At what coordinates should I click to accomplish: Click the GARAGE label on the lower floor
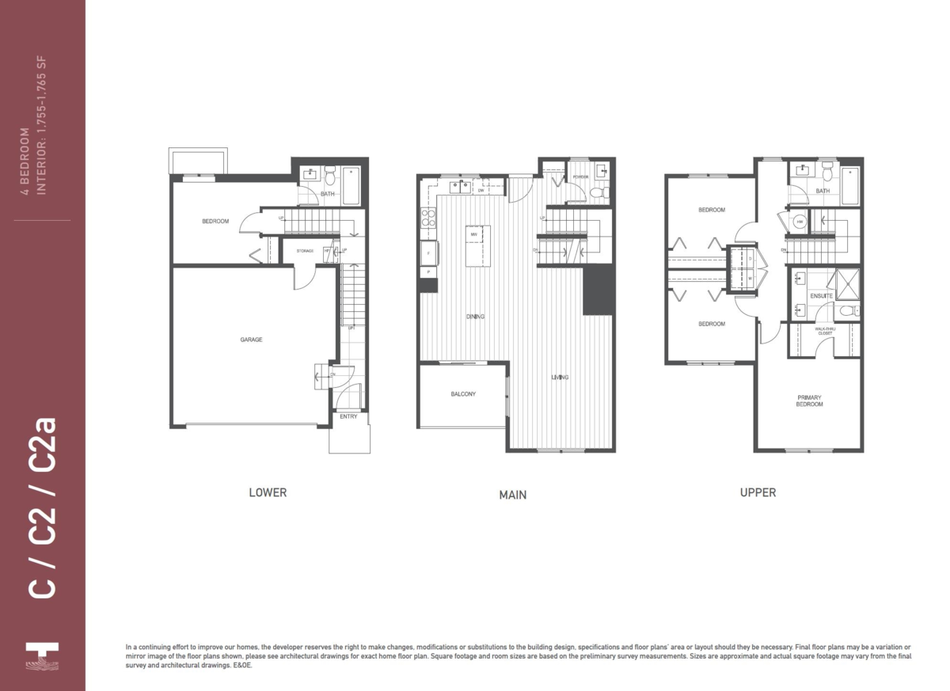coord(252,340)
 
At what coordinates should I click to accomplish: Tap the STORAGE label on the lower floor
coord(305,251)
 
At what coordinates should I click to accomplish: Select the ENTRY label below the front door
coord(348,417)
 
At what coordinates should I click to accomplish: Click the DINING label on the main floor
coord(475,317)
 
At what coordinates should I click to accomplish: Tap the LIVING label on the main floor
coord(560,378)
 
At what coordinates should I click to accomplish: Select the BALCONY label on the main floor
coord(463,394)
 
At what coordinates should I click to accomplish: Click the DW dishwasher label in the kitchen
coord(481,190)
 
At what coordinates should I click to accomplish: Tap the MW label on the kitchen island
coord(473,235)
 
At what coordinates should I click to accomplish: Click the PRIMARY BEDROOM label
coord(809,401)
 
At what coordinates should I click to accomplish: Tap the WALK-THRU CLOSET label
coord(824,332)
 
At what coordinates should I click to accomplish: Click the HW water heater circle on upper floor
coord(800,222)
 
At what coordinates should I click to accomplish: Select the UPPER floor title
coord(758,492)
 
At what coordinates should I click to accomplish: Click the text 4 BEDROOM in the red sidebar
coord(25,161)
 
